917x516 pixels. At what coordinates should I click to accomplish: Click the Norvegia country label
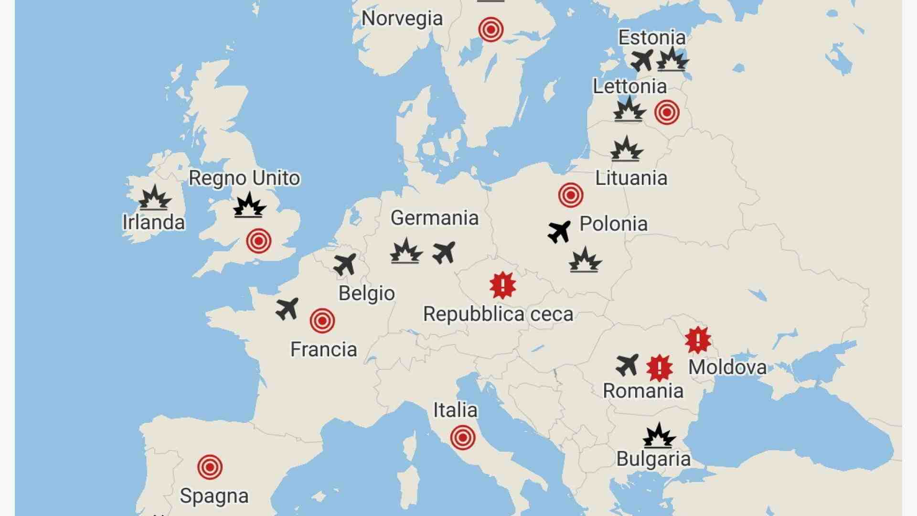[402, 19]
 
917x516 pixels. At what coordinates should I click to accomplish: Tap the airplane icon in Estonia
[642, 61]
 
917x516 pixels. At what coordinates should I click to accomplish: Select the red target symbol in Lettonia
[667, 112]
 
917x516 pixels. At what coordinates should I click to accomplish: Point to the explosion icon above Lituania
[627, 149]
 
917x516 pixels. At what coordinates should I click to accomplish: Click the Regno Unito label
[244, 178]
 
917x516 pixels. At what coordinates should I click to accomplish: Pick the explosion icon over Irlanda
[154, 198]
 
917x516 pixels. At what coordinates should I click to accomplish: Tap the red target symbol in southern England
[258, 241]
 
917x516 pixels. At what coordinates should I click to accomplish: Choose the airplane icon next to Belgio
[345, 264]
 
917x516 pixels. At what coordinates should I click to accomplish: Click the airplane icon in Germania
[444, 252]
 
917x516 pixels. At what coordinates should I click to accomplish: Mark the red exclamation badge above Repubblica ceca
[502, 286]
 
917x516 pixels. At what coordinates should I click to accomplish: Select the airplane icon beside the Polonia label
[559, 232]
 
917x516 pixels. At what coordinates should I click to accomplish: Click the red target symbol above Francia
[322, 321]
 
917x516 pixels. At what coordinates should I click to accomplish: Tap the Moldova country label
[727, 367]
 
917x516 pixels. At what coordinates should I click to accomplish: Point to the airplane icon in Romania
[627, 365]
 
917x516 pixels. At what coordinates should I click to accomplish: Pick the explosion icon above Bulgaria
[659, 435]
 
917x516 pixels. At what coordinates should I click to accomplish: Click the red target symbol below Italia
[462, 438]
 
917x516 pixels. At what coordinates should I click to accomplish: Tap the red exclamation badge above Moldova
[698, 340]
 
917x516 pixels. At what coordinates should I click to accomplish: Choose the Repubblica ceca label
[498, 314]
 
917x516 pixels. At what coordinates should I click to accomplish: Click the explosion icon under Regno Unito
[249, 205]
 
